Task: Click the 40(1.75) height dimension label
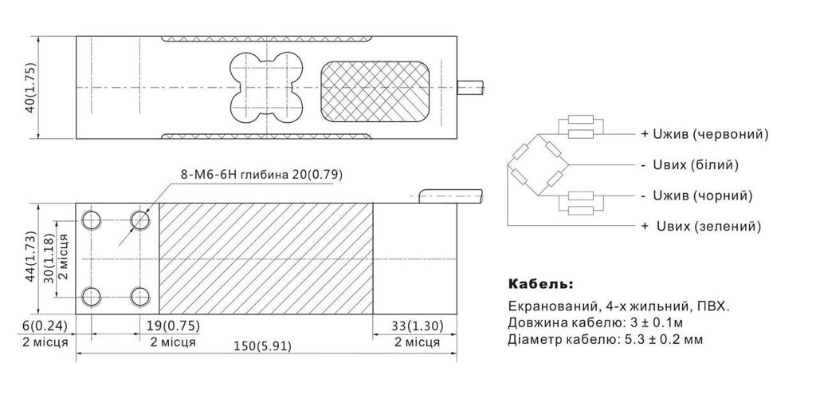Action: (29, 88)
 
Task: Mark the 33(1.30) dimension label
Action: (416, 326)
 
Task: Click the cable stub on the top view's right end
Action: (472, 87)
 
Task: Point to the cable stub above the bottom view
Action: (449, 195)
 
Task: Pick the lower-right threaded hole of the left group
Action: (141, 294)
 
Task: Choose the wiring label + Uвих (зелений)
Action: (700, 227)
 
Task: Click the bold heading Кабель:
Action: (539, 284)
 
